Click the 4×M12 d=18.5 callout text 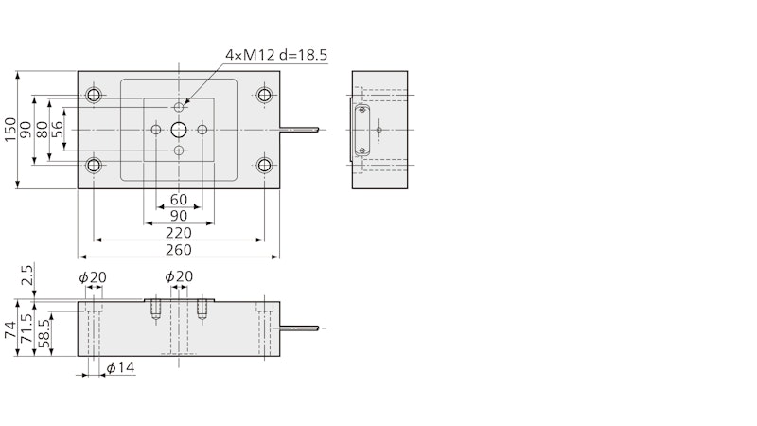point(276,55)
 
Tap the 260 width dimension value point(179,250)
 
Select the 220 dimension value point(179,233)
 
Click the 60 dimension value point(179,199)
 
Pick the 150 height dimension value point(10,130)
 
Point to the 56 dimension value point(57,130)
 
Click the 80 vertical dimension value point(42,130)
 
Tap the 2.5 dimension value point(27,275)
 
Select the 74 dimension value point(10,330)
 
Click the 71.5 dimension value point(26,328)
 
